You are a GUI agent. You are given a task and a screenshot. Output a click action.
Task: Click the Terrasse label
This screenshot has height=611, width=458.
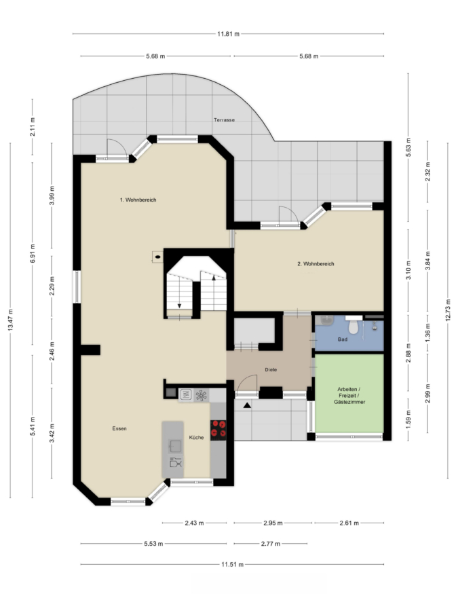click(x=224, y=120)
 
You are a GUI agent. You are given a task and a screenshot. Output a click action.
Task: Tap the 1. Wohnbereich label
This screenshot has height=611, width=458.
click(x=138, y=200)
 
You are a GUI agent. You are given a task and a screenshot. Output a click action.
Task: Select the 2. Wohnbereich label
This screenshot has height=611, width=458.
click(x=316, y=264)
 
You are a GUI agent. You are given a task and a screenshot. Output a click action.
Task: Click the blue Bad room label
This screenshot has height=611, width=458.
click(x=343, y=339)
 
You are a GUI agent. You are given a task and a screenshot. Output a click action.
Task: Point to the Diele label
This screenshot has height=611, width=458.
click(x=271, y=370)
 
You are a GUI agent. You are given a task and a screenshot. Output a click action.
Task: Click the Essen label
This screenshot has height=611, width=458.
click(x=119, y=428)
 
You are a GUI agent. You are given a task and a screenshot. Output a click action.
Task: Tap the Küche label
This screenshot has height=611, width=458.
click(x=196, y=438)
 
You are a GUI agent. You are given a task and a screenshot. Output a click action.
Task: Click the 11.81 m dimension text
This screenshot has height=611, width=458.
click(x=228, y=34)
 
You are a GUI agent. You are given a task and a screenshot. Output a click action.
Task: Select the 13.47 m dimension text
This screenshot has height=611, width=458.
click(x=10, y=320)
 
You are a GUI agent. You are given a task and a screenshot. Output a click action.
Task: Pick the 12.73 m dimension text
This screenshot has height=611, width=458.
click(x=448, y=310)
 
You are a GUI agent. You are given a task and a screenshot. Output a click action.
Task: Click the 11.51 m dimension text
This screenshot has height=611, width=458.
click(x=233, y=564)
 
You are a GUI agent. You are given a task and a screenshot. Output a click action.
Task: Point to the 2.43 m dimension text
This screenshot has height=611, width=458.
click(x=194, y=523)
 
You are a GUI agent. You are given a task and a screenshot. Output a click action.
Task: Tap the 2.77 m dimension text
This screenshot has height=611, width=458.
click(x=271, y=544)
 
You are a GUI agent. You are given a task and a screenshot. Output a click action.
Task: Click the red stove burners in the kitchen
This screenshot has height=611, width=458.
click(x=218, y=428)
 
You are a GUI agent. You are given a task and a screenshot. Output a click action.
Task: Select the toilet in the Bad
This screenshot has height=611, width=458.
click(x=354, y=325)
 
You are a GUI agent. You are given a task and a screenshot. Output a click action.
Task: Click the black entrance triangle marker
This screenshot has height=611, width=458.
click(x=247, y=406)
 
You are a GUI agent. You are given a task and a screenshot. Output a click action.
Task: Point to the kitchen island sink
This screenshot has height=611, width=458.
click(x=174, y=445)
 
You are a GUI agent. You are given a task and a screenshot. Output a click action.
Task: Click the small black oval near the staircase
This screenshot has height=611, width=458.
click(x=157, y=257)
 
